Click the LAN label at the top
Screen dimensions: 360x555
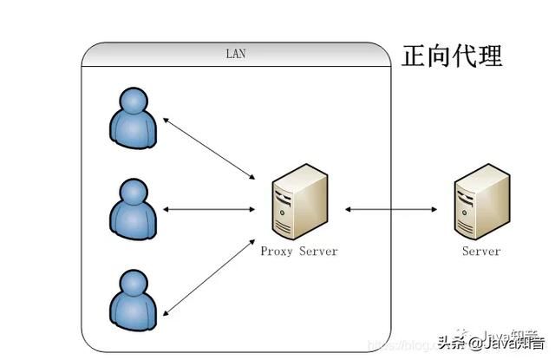coord(236,54)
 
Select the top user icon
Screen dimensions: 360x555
coord(134,119)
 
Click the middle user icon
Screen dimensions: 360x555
coord(134,208)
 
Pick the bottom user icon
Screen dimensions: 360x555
coord(134,298)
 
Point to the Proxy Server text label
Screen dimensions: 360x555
coord(298,252)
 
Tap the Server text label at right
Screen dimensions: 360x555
coord(480,252)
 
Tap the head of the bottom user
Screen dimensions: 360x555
coord(133,284)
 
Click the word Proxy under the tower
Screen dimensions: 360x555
coord(277,252)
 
